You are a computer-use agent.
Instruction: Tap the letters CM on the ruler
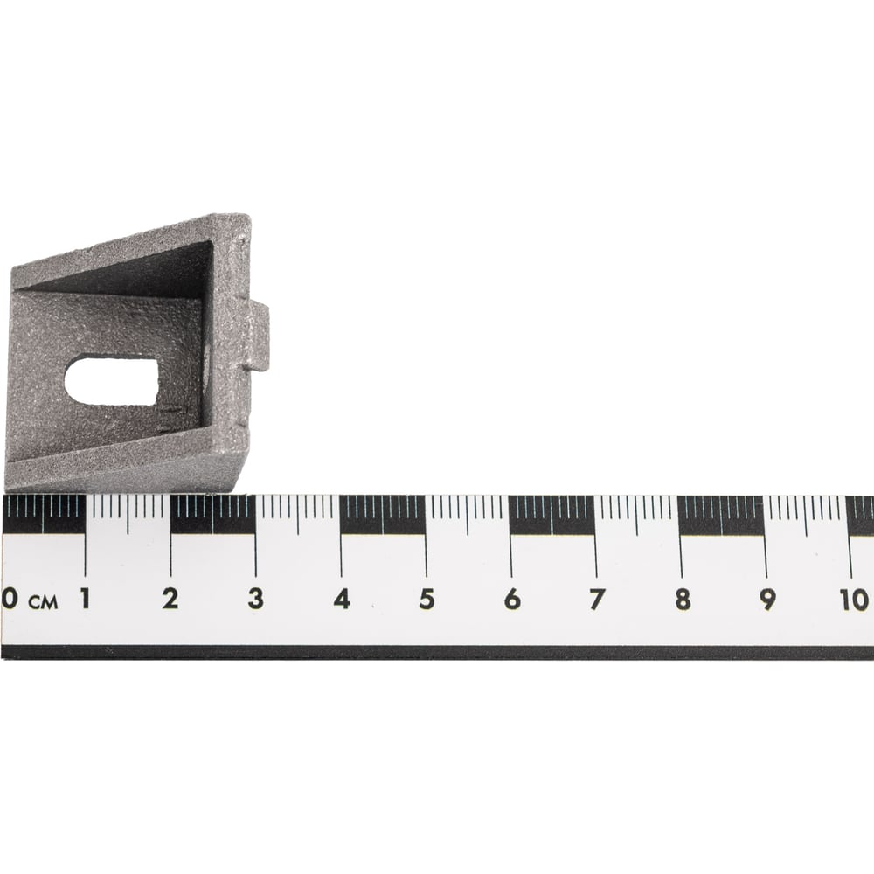coord(43,602)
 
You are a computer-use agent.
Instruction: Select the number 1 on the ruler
coord(85,599)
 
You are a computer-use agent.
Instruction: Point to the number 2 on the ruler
coord(170,599)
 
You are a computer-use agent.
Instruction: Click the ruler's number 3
coord(256,599)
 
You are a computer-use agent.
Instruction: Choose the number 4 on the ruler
coord(342,600)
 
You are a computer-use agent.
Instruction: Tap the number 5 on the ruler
coord(427,600)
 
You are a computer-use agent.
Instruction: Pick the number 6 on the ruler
coord(512,600)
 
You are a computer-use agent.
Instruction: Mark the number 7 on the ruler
coord(597,600)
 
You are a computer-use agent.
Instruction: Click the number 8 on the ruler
coord(683,600)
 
